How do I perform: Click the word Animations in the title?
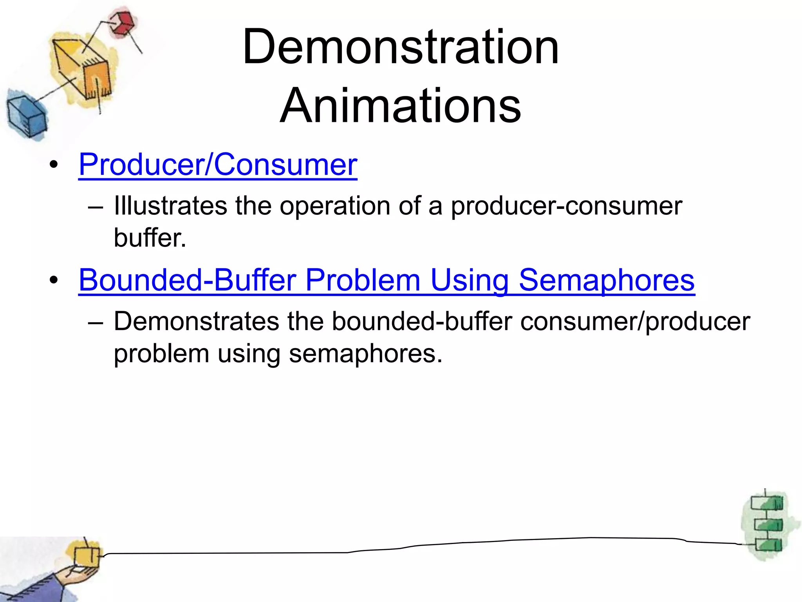[401, 106]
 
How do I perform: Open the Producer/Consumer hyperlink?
[218, 165]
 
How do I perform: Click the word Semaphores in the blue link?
[607, 280]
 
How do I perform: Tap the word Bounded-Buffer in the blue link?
[187, 280]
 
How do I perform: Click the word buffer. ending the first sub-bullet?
[150, 238]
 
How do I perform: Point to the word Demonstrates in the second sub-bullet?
[196, 321]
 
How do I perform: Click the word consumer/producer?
[635, 321]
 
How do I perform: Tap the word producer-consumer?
[566, 206]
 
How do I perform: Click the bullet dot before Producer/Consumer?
[54, 165]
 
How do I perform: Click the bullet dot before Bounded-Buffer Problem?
[54, 281]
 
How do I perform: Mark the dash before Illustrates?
[96, 207]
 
